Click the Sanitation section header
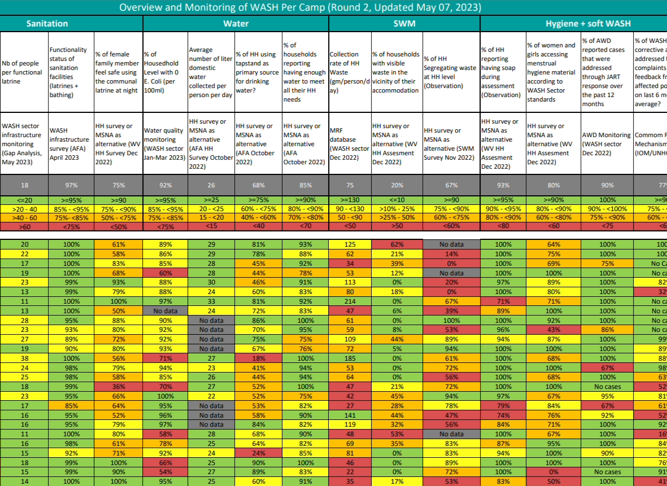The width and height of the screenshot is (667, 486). [47, 24]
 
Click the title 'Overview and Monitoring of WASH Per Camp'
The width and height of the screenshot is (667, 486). [300, 8]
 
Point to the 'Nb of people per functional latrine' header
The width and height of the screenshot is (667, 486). [22, 72]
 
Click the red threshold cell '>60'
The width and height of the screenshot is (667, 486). [24, 226]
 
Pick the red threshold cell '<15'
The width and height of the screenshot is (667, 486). [211, 226]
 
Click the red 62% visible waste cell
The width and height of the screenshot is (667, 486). [397, 244]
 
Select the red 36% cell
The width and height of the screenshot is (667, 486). [119, 387]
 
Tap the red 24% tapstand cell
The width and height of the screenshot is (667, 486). [258, 453]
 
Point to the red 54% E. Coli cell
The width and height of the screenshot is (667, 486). [165, 472]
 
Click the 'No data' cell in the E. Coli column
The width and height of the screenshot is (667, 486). [165, 311]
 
